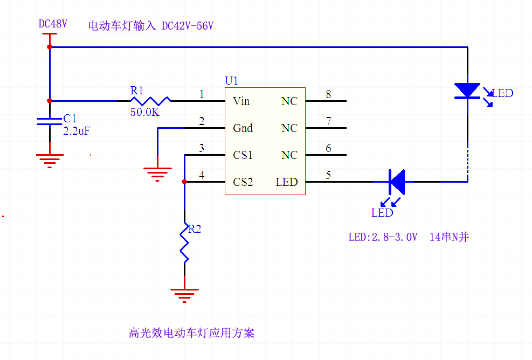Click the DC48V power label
[53, 24]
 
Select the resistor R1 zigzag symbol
[150, 101]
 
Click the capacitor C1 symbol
[50, 121]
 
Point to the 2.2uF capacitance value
[75, 130]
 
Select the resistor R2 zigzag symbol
[184, 243]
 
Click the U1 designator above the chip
[231, 81]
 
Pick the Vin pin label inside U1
[241, 101]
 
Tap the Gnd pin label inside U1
[243, 128]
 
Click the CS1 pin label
[243, 155]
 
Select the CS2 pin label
[243, 182]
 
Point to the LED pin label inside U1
[286, 182]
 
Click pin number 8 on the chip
[328, 95]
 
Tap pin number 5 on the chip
[328, 176]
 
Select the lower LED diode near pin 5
[397, 182]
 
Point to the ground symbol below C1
[50, 159]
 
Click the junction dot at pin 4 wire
[184, 182]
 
